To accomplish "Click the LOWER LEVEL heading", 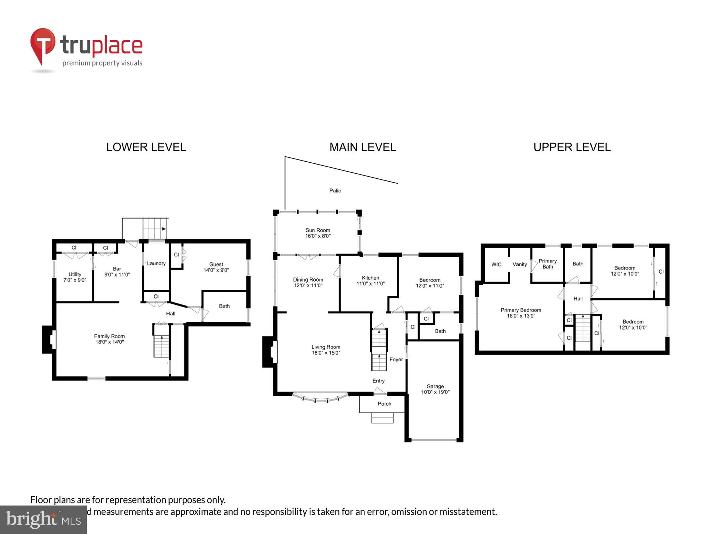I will [146, 147].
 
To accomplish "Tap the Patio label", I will [335, 190].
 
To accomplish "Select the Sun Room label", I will [318, 230].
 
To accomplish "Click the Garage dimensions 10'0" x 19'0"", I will [435, 392].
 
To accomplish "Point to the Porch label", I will [384, 404].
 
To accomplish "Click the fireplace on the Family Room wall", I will [49, 339].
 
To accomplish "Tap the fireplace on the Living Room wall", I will [269, 352].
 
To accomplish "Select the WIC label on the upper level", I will [496, 264].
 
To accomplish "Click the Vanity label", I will [519, 264].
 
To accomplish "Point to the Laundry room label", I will [156, 263].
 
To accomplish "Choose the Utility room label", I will [75, 274].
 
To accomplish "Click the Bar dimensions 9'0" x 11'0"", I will [117, 274].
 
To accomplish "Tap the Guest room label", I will [216, 264].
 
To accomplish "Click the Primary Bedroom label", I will [521, 310].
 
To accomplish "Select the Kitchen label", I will [370, 278].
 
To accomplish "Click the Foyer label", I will [396, 360].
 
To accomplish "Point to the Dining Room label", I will [308, 279].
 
